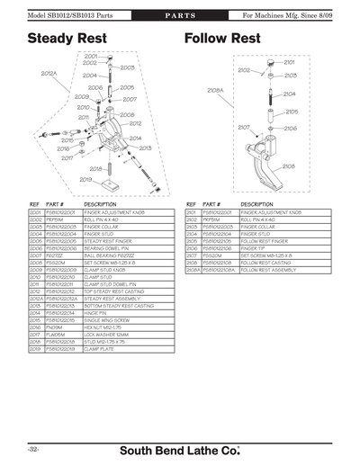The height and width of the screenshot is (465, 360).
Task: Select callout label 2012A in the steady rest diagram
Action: pos(49,73)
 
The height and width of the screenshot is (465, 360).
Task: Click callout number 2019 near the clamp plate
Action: pos(85,179)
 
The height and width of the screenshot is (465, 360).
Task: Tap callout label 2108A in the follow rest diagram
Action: pos(215,90)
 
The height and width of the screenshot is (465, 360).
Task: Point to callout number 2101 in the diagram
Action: pos(289,62)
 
